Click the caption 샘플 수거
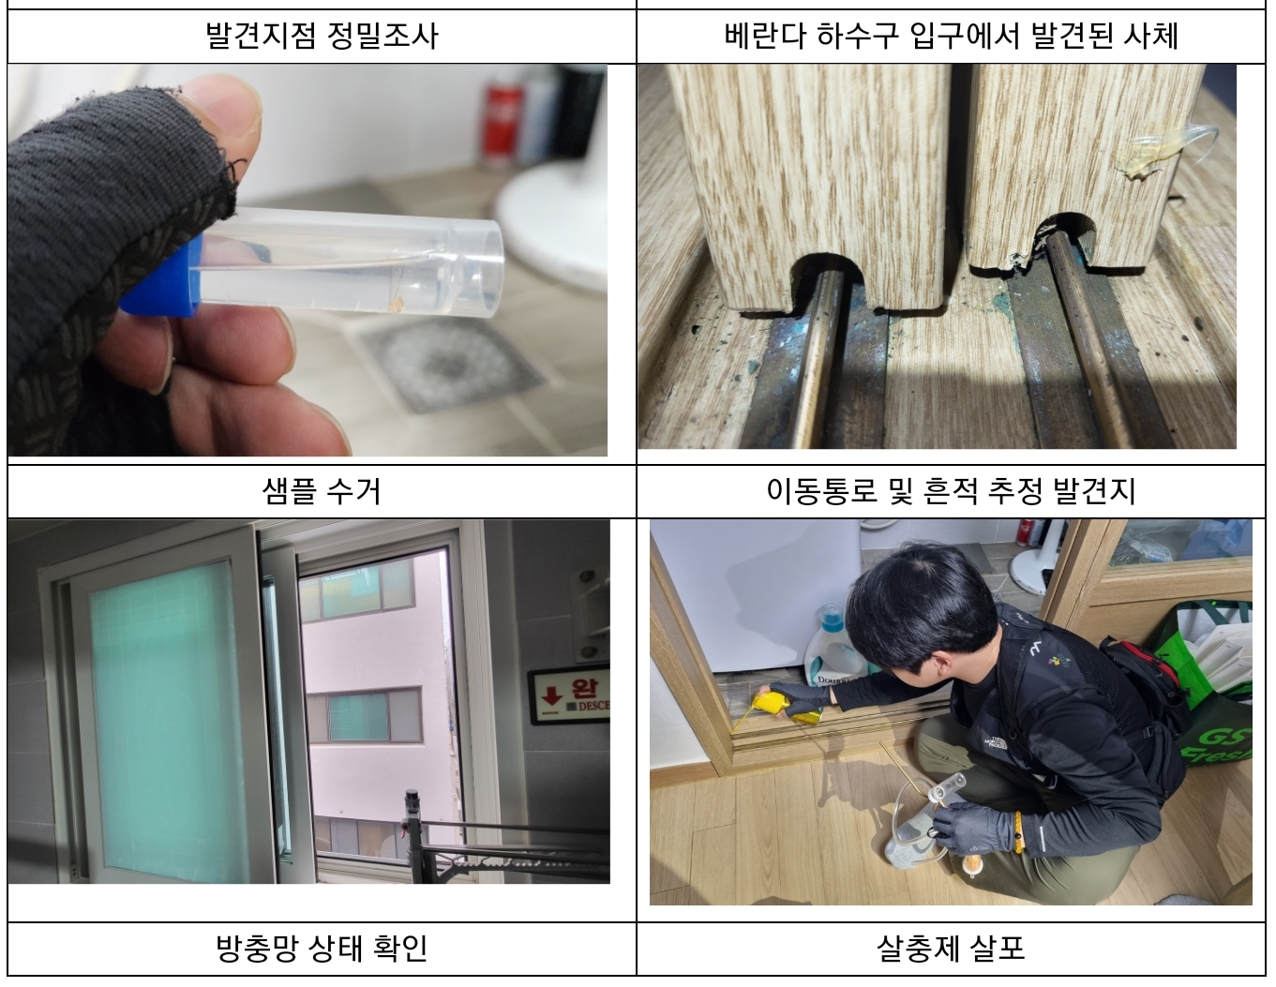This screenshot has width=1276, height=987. tap(322, 491)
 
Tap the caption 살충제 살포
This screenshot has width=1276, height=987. tap(951, 948)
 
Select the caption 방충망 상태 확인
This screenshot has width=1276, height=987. tap(322, 948)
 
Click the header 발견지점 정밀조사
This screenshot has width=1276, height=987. tap(322, 36)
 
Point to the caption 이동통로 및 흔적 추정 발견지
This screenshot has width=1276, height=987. tap(951, 491)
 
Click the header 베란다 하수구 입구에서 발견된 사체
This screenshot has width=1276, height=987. tap(951, 36)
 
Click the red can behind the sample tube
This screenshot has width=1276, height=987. tap(502, 117)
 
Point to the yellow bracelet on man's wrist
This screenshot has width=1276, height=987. tap(1017, 829)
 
